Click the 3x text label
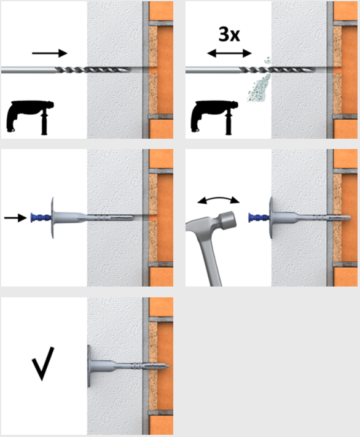[x=229, y=34]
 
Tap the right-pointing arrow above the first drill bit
[x=50, y=53]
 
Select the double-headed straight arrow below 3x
[x=230, y=53]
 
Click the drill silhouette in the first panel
[x=30, y=118]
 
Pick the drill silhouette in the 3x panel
[x=214, y=118]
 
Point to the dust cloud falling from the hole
[x=259, y=81]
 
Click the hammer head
[x=225, y=220]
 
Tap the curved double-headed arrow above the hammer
[x=219, y=199]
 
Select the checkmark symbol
[x=42, y=363]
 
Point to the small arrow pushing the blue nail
[x=15, y=218]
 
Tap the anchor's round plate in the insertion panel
[x=52, y=218]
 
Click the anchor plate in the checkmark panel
[x=89, y=366]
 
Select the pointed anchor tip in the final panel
[x=168, y=366]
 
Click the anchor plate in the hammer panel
[x=271, y=218]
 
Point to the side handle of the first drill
[x=44, y=123]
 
